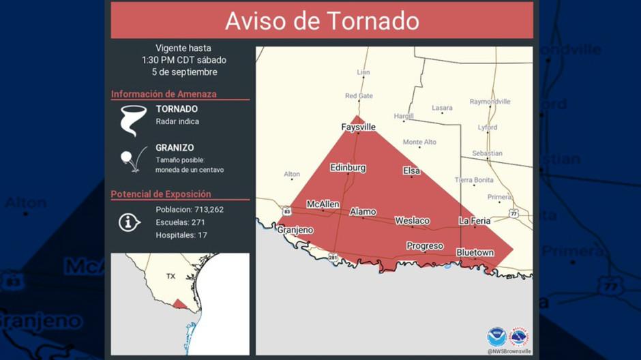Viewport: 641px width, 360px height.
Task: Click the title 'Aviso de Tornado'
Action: (x=322, y=20)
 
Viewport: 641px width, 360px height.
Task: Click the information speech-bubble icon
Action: (x=129, y=222)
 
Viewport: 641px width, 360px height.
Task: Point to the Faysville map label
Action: (x=358, y=127)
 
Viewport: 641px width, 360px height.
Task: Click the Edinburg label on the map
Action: (x=348, y=168)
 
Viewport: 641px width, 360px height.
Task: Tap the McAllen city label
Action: (x=323, y=204)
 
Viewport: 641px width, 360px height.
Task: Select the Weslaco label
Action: (x=412, y=220)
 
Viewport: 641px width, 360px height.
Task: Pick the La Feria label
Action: (x=475, y=220)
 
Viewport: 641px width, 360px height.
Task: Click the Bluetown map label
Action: (x=475, y=252)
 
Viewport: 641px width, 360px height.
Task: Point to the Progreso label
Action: (x=425, y=245)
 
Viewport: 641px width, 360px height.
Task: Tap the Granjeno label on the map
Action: (x=295, y=230)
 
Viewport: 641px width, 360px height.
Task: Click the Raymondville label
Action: (x=490, y=102)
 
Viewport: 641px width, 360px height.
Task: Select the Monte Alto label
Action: (x=419, y=142)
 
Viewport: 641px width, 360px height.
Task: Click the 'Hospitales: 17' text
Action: (x=181, y=235)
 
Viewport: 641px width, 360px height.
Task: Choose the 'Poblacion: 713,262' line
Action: (x=189, y=209)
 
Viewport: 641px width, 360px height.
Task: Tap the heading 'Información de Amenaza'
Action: (x=164, y=94)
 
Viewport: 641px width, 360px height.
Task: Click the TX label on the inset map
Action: (x=170, y=277)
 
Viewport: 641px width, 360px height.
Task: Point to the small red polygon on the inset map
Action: (x=178, y=304)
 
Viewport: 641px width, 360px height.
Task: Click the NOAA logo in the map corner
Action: (x=496, y=337)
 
